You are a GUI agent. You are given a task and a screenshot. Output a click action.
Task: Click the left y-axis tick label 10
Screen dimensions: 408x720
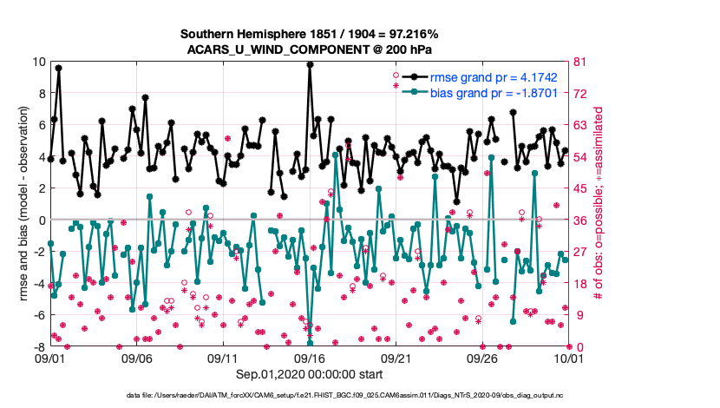coord(38,62)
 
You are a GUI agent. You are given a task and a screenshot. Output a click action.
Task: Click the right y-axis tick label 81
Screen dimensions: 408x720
coord(581,62)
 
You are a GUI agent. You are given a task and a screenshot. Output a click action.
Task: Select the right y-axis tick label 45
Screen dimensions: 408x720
coord(581,188)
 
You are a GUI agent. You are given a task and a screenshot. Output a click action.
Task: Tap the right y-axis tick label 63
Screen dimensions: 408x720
coord(581,125)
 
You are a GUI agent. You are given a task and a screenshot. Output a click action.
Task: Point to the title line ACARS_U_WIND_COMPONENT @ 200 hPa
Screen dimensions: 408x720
coord(309,49)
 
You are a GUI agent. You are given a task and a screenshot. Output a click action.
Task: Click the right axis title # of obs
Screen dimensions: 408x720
coord(599,204)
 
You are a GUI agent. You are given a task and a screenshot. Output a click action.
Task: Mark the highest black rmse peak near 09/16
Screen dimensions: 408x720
coord(310,64)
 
